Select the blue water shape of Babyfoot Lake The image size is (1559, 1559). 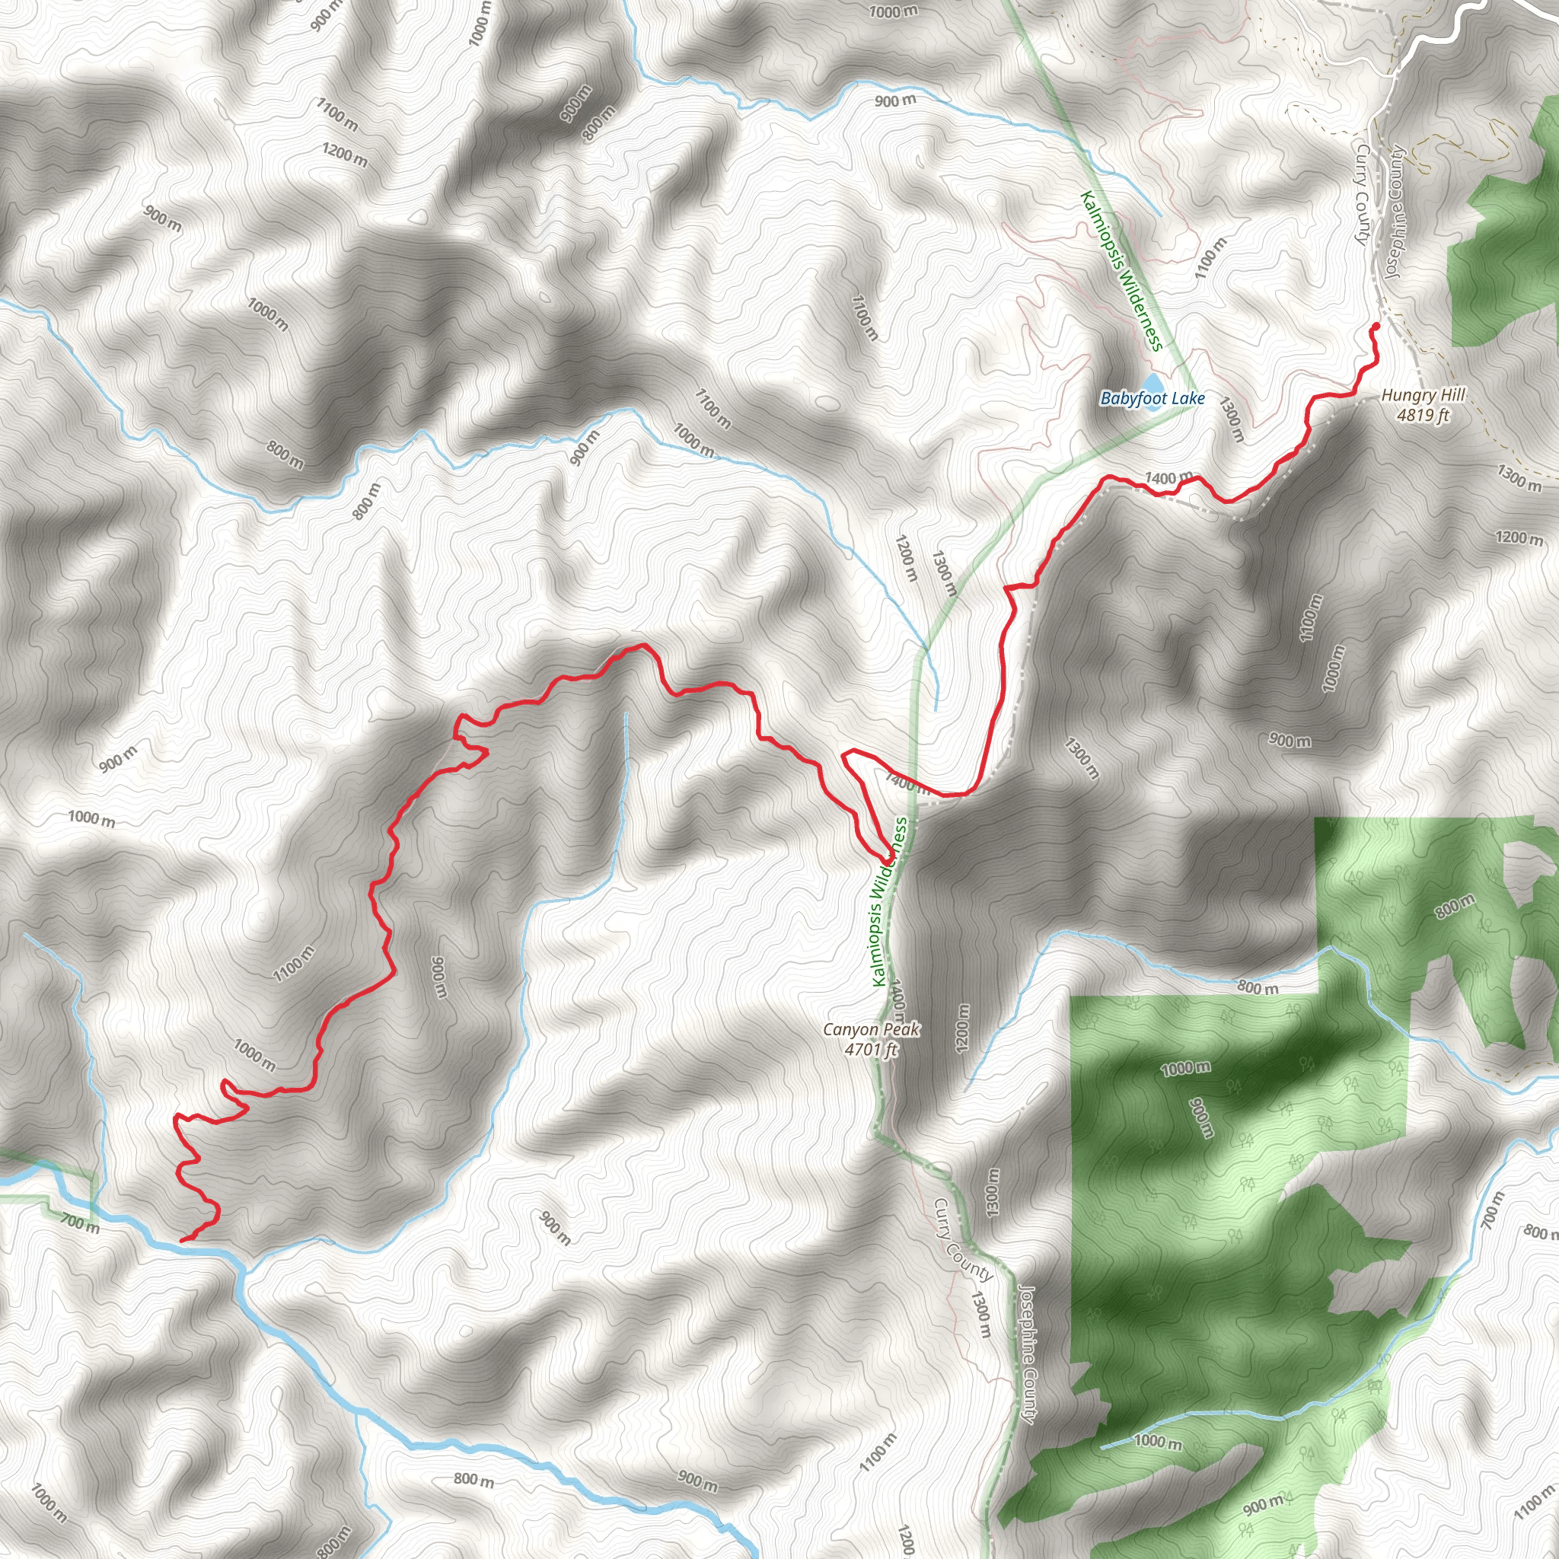pos(1153,381)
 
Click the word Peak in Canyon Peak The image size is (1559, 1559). pos(902,1030)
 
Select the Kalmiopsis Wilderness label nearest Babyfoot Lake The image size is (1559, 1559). pos(1121,270)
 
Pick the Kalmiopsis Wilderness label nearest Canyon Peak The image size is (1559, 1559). pos(890,901)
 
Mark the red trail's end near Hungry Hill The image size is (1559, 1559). pos(1375,325)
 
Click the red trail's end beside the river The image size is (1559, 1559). pos(183,1239)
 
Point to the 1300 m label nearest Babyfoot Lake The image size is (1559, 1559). pos(1232,419)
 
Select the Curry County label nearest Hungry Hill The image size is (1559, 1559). pos(1362,193)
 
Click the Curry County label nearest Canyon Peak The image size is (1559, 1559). pos(963,1239)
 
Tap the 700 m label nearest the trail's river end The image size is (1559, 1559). pos(81,1223)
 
